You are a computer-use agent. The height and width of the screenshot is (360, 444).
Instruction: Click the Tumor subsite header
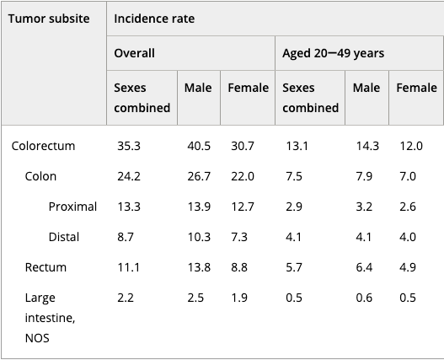tap(49, 19)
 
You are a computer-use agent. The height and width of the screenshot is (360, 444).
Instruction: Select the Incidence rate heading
tap(154, 19)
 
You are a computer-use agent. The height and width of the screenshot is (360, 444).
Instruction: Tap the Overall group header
tap(134, 53)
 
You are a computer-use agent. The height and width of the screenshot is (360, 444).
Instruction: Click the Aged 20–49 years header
tap(334, 53)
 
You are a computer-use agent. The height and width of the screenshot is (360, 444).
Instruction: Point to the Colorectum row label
tap(43, 146)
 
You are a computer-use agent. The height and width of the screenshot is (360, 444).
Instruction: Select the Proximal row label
tap(72, 207)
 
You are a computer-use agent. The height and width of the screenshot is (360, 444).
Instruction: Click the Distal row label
tap(64, 237)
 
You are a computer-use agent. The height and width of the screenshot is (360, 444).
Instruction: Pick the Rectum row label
tap(45, 267)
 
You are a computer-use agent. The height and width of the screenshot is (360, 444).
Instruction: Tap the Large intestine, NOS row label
tap(50, 318)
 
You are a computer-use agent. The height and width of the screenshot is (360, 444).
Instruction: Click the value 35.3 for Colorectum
tap(129, 146)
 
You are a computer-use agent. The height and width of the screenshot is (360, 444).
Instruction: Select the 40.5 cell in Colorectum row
tap(199, 146)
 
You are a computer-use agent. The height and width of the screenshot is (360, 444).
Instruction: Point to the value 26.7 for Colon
tap(199, 176)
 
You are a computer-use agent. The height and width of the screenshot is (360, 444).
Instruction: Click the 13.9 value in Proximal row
tap(199, 207)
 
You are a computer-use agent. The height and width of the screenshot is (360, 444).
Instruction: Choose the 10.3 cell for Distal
tap(199, 237)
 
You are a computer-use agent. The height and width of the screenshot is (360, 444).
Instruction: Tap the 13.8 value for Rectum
tap(199, 267)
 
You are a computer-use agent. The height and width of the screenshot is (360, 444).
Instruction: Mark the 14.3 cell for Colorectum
tap(367, 146)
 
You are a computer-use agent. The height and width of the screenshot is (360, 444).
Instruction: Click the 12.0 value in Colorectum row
tap(411, 146)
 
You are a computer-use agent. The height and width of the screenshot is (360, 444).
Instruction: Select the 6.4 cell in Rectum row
tap(364, 267)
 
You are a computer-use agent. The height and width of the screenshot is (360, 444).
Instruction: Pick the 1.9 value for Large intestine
tap(239, 298)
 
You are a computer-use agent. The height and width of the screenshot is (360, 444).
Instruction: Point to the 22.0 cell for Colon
tap(243, 176)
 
